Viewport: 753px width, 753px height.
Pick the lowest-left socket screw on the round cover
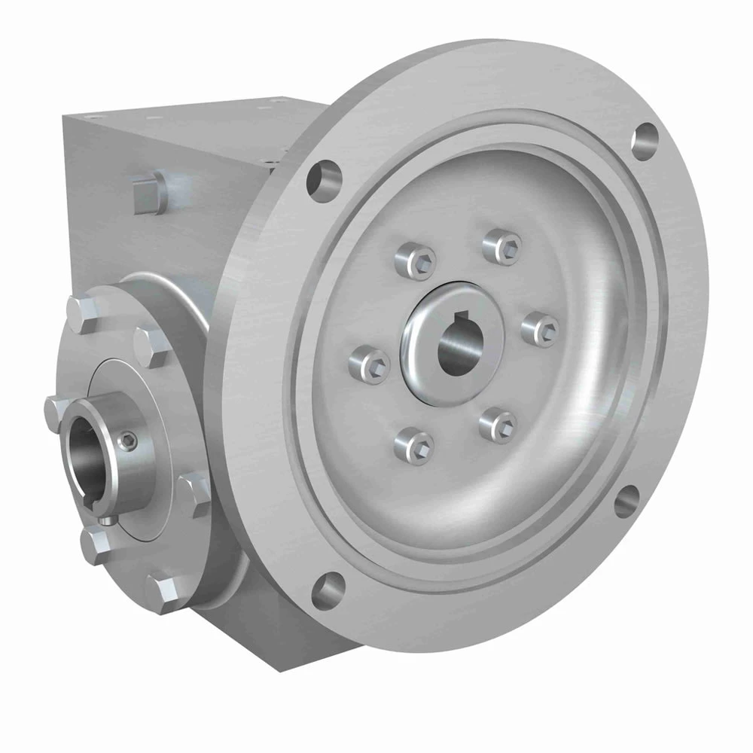(x=411, y=444)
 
